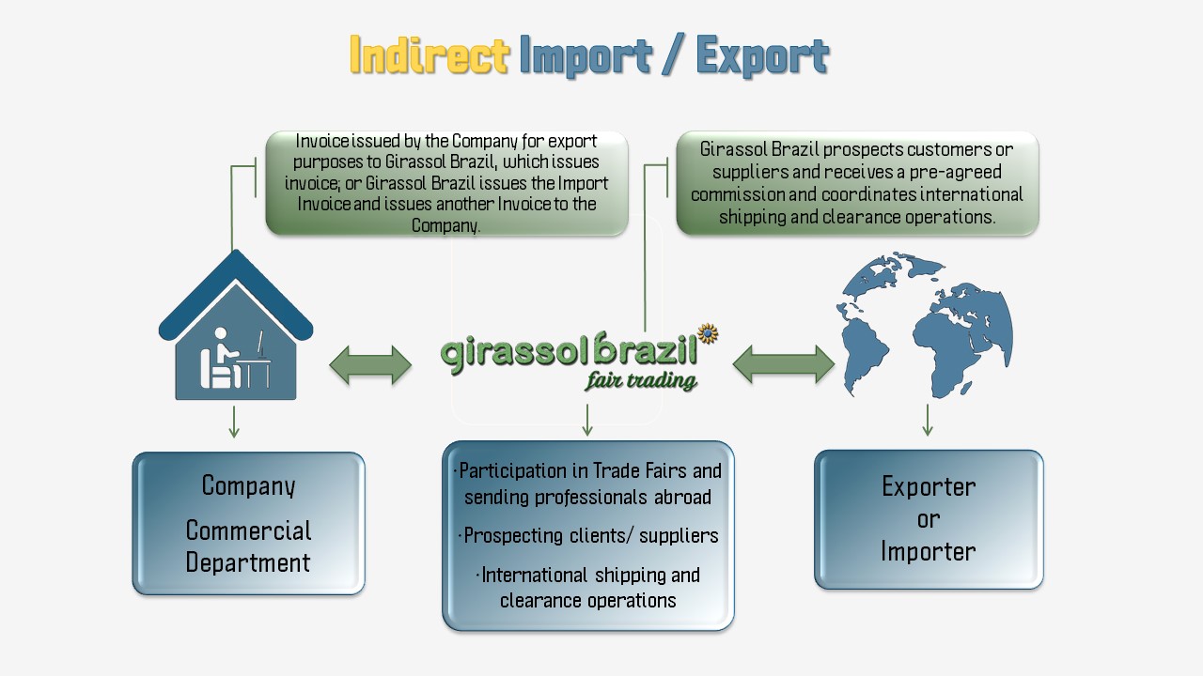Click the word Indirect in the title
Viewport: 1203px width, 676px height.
point(429,56)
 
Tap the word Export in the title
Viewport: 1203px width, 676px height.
point(762,56)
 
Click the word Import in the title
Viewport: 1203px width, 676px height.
point(586,56)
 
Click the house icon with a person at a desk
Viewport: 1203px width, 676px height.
point(235,329)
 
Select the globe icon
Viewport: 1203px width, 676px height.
point(926,324)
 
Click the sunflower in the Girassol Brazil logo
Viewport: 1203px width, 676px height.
point(708,334)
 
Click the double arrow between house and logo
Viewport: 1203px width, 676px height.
point(370,365)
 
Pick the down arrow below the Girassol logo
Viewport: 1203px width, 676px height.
point(587,420)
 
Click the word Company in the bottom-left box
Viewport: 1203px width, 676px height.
point(248,486)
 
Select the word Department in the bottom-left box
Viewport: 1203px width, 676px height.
point(248,563)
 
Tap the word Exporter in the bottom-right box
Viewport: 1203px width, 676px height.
point(929,486)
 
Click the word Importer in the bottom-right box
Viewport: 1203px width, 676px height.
point(929,551)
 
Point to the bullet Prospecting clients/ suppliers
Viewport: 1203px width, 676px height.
point(590,536)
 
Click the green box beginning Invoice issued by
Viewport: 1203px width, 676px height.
point(446,183)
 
